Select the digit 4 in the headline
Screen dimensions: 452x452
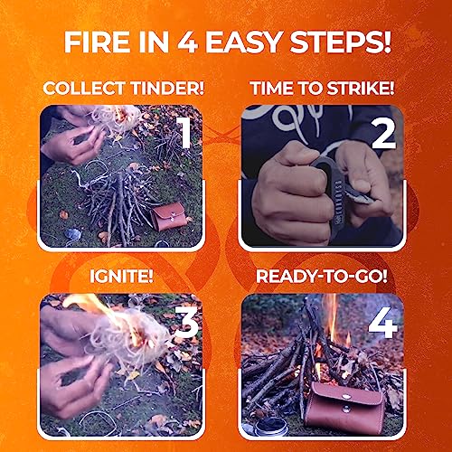click(x=187, y=42)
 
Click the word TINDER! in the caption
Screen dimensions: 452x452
click(x=168, y=89)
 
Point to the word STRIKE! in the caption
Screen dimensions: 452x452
click(x=361, y=89)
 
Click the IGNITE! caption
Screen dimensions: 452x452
click(x=121, y=276)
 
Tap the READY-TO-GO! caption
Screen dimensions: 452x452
click(x=322, y=276)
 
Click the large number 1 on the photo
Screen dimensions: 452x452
click(x=184, y=132)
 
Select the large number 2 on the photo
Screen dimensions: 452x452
click(x=383, y=134)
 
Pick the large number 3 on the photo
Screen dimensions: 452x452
click(x=187, y=322)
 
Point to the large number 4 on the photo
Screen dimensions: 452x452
click(x=382, y=323)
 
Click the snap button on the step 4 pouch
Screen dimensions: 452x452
click(x=346, y=396)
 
